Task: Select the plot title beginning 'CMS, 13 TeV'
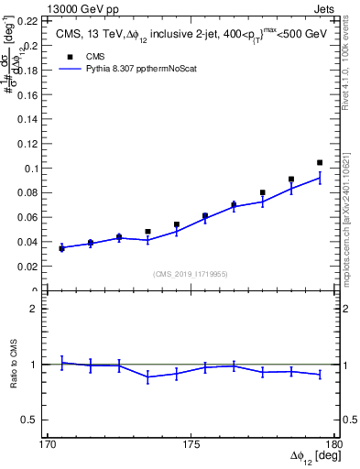(186, 34)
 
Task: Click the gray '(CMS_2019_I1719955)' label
(191, 274)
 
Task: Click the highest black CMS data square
(320, 163)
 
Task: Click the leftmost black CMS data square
(61, 247)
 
